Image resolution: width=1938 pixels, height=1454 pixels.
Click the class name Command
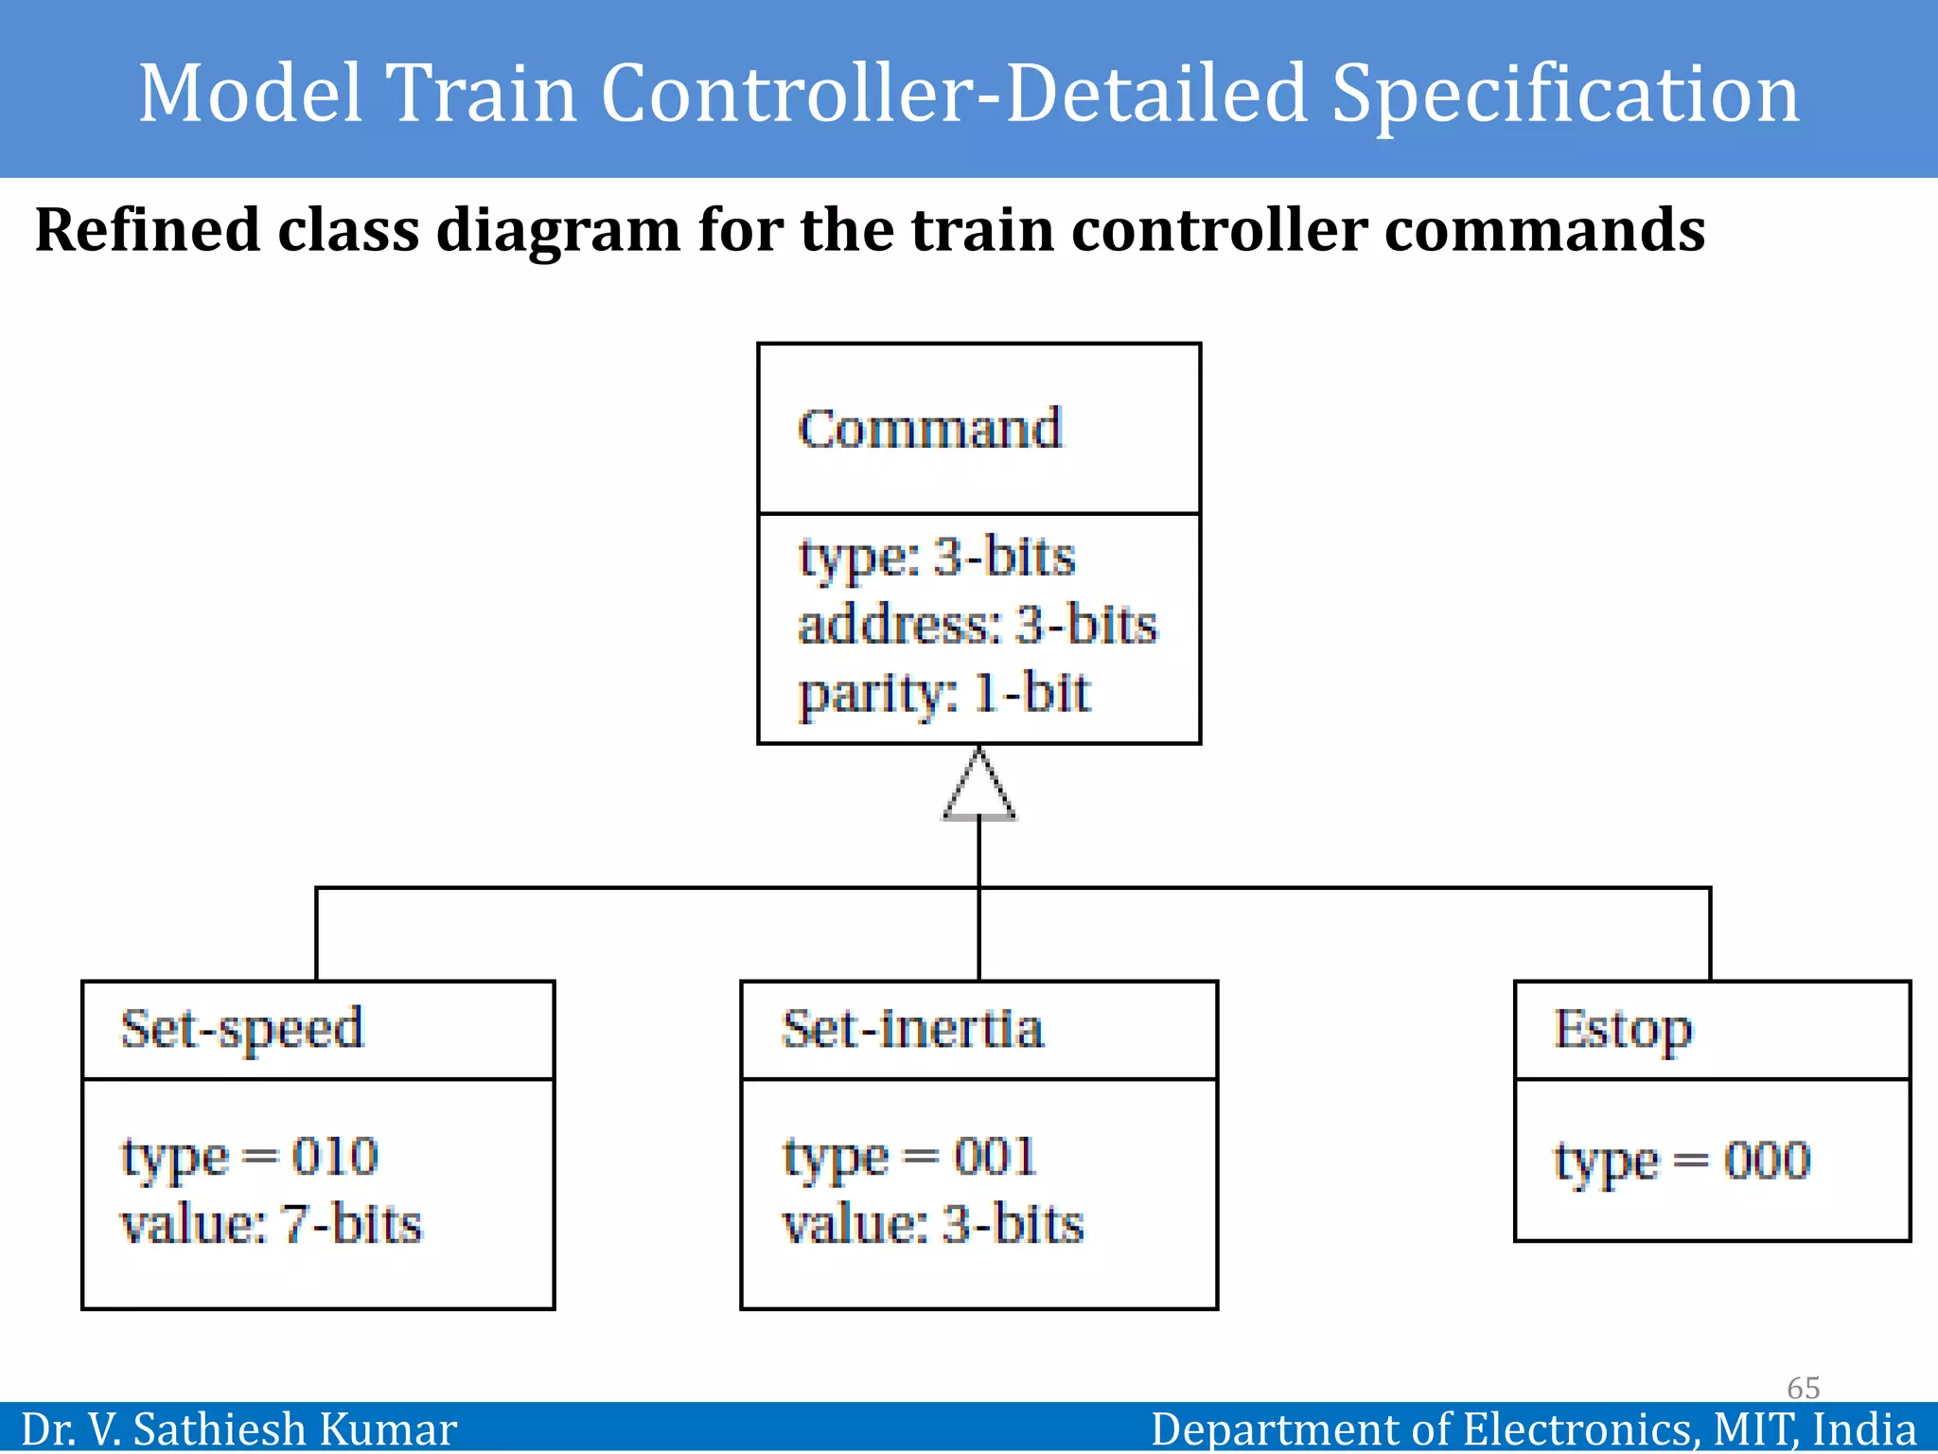[x=929, y=429]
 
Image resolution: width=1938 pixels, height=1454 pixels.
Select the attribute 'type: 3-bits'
[x=937, y=557]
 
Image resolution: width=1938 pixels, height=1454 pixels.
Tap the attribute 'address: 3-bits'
[x=977, y=625]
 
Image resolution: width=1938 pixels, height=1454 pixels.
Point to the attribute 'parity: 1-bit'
[x=943, y=693]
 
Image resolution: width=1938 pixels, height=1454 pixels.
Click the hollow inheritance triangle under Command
[x=979, y=788]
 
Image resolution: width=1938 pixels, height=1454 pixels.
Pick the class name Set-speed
[x=242, y=1029]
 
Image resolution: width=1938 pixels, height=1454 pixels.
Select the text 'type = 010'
[x=250, y=1157]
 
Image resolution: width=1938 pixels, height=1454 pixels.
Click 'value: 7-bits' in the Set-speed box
[x=271, y=1224]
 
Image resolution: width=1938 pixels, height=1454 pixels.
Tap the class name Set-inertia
[x=912, y=1029]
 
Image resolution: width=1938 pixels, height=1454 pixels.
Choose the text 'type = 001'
[x=909, y=1157]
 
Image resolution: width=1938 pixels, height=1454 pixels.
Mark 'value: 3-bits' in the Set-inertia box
[x=932, y=1224]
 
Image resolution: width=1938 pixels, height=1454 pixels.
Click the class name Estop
[x=1622, y=1030]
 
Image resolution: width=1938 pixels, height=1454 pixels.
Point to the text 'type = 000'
[x=1682, y=1161]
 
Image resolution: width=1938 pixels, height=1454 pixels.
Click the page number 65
[x=1803, y=1388]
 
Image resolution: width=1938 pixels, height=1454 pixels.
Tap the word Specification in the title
[x=1565, y=93]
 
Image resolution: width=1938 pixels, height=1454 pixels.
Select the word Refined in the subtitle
[x=147, y=230]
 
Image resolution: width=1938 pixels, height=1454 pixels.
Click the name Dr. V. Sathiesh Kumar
[x=238, y=1429]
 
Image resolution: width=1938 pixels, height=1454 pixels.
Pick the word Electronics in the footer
[x=1577, y=1429]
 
